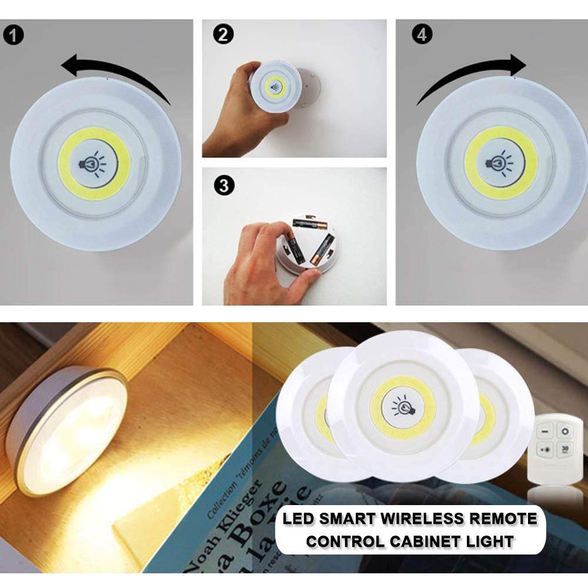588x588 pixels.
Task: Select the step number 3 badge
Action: (223, 186)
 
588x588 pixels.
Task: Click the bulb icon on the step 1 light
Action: (94, 164)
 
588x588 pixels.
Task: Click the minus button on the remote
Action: (545, 432)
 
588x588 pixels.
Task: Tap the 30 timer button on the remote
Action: (565, 449)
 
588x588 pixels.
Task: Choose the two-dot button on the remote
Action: (546, 449)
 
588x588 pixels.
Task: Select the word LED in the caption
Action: (298, 519)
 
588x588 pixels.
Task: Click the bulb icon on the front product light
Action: (403, 406)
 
